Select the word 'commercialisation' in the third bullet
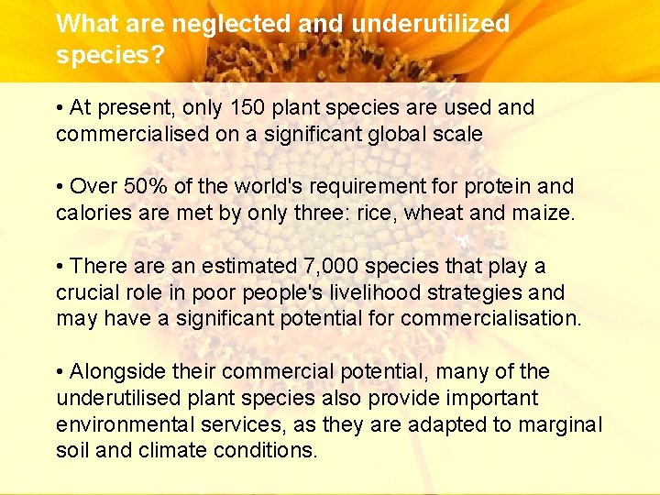point(490,319)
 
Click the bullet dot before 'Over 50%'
point(60,187)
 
